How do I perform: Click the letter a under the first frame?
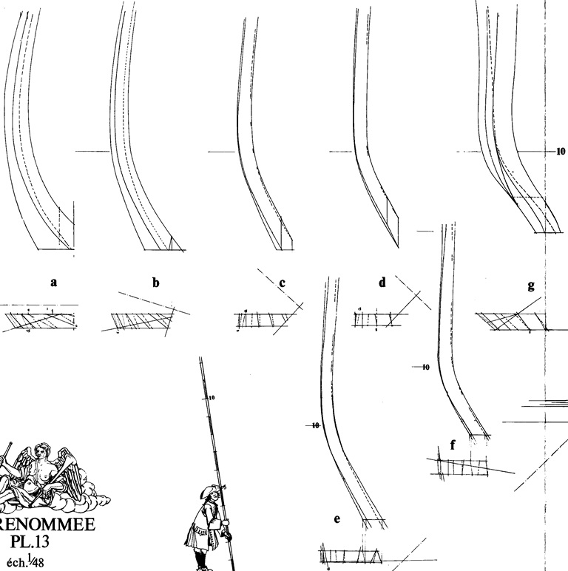pyautogui.click(x=53, y=281)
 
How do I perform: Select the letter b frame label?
pyautogui.click(x=155, y=282)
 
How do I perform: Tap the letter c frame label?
pyautogui.click(x=283, y=282)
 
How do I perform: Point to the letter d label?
pyautogui.click(x=382, y=282)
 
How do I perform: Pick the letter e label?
pyautogui.click(x=337, y=518)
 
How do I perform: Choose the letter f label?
pyautogui.click(x=452, y=445)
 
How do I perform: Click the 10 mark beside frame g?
pyautogui.click(x=559, y=151)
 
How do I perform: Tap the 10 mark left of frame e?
pyautogui.click(x=315, y=425)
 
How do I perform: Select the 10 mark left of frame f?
pyautogui.click(x=425, y=366)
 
